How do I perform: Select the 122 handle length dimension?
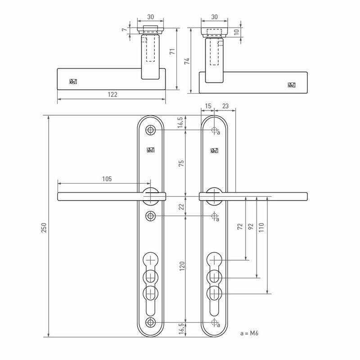click(x=112, y=94)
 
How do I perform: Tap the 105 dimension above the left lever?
click(x=106, y=179)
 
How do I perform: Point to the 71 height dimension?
click(x=171, y=52)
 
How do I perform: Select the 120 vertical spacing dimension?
click(x=181, y=267)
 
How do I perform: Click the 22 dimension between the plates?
click(x=181, y=206)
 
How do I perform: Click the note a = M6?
click(x=251, y=334)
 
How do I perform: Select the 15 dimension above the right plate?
click(x=207, y=106)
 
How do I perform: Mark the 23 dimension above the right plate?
click(x=225, y=106)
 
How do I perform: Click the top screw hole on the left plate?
click(x=150, y=130)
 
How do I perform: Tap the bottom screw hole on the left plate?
click(x=150, y=322)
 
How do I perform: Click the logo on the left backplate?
click(x=150, y=151)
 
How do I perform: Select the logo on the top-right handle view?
click(x=292, y=85)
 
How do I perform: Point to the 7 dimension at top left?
click(x=124, y=30)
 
